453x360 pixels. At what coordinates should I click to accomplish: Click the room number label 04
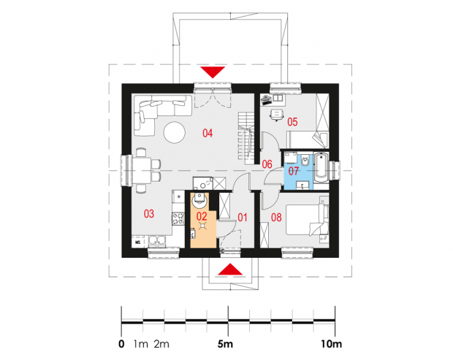point(208,133)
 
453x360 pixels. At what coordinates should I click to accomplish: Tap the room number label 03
point(149,214)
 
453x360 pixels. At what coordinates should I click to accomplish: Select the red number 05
point(292,122)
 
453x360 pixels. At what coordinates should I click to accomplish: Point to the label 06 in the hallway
point(267,164)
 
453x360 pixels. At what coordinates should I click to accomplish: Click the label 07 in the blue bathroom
point(293,171)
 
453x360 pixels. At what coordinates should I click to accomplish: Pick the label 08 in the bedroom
point(276,218)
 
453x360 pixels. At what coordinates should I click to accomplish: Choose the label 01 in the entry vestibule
point(243,218)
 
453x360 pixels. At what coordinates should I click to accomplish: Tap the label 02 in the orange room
point(202,216)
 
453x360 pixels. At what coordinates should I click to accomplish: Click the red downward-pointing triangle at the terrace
point(213,72)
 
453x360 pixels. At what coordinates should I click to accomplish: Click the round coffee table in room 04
point(174,132)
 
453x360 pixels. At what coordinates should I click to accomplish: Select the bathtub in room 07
point(321,168)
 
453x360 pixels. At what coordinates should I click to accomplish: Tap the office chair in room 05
point(276,115)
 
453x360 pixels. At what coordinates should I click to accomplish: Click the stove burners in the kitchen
point(178,218)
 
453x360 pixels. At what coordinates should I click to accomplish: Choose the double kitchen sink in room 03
point(157,241)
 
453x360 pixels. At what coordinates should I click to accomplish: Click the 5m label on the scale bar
point(225,344)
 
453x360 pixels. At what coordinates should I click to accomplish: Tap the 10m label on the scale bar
point(331,344)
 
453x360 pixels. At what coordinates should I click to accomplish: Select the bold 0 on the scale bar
point(121,344)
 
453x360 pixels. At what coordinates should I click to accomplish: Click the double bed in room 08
point(307,220)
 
